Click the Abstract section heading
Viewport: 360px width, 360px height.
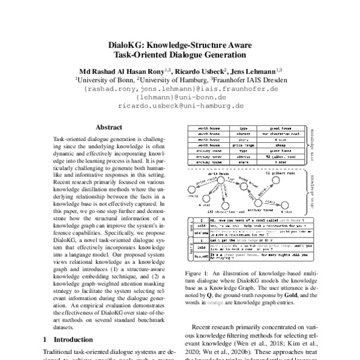click(x=110, y=127)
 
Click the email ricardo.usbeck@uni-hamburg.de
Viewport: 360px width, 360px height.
click(x=181, y=104)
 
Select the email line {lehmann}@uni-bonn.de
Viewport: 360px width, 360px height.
click(x=181, y=96)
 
